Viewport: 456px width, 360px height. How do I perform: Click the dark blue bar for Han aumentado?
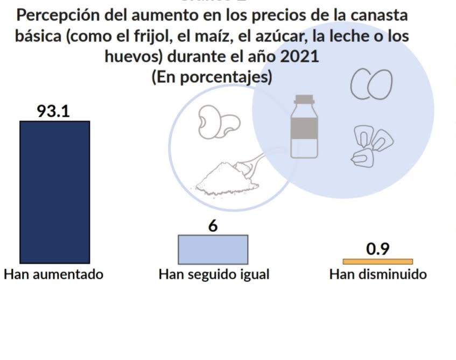pyautogui.click(x=54, y=192)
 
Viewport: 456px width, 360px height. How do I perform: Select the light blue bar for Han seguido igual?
pyautogui.click(x=213, y=249)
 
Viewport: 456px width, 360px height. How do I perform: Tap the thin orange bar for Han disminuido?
pyautogui.click(x=378, y=262)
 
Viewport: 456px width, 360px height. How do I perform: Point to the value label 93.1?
pyautogui.click(x=53, y=111)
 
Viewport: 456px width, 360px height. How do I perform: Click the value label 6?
pyautogui.click(x=213, y=226)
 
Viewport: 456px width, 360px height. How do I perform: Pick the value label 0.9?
pyautogui.click(x=378, y=249)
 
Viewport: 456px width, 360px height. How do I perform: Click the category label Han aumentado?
pyautogui.click(x=53, y=274)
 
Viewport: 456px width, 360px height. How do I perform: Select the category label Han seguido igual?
pyautogui.click(x=214, y=275)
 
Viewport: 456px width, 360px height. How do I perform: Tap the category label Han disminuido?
pyautogui.click(x=378, y=274)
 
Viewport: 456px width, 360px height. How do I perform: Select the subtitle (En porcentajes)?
pyautogui.click(x=212, y=76)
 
